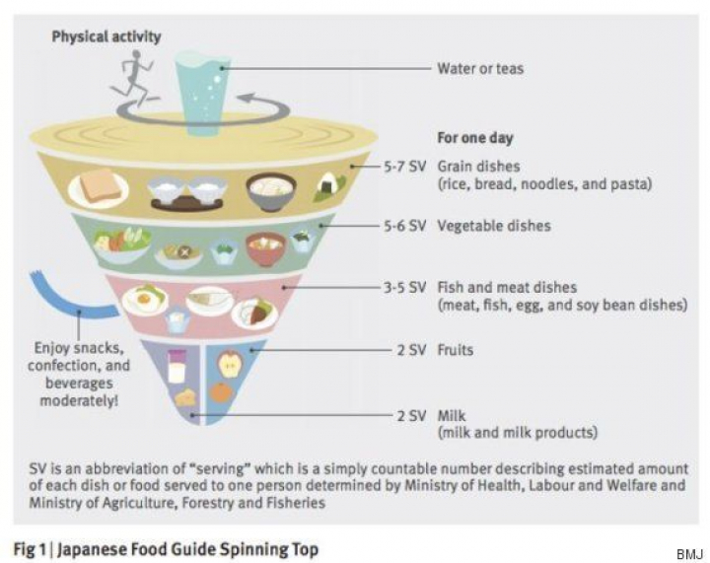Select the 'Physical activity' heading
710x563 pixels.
point(106,37)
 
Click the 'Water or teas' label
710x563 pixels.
point(480,69)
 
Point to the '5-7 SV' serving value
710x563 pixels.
point(404,167)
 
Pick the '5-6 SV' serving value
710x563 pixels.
point(404,226)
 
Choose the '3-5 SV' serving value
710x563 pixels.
point(404,288)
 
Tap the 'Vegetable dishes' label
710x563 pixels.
point(493,226)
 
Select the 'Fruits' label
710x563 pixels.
point(456,349)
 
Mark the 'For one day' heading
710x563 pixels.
point(474,138)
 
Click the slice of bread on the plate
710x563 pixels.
point(98,186)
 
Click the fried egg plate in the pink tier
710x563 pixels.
point(145,298)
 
